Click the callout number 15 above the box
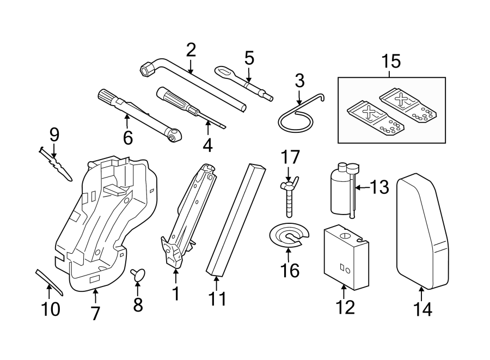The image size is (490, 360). click(391, 62)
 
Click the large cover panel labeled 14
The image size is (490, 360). click(424, 231)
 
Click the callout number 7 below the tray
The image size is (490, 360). click(95, 313)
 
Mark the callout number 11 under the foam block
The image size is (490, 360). click(216, 299)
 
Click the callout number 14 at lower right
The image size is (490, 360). click(422, 309)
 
